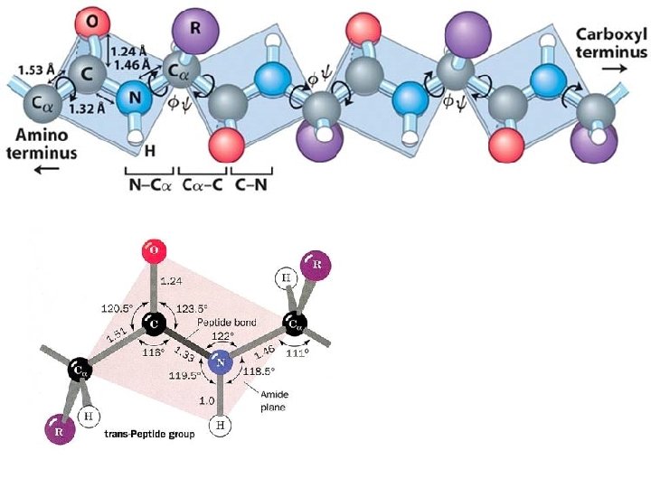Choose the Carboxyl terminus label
pos(612,42)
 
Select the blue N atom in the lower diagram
pos(220,364)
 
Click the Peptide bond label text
pos(228,323)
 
